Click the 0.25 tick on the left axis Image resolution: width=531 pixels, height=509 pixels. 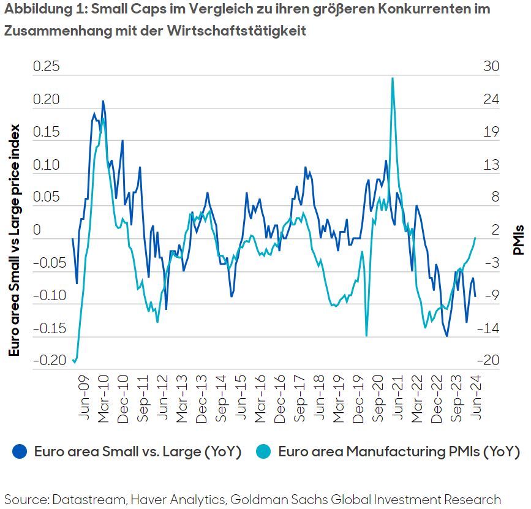point(47,67)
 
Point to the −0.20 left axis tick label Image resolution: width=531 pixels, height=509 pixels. point(50,360)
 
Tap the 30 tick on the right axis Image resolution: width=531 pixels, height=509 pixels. point(491,67)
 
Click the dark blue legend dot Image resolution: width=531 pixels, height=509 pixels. point(20,452)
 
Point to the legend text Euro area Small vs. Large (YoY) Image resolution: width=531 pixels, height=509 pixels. point(138,453)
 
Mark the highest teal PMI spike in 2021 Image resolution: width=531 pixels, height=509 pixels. point(392,78)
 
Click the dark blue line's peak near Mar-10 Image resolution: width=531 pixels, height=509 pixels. point(103,101)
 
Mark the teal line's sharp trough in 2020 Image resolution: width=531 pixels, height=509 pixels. point(366,336)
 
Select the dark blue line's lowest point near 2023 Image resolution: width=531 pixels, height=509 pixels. point(447,336)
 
